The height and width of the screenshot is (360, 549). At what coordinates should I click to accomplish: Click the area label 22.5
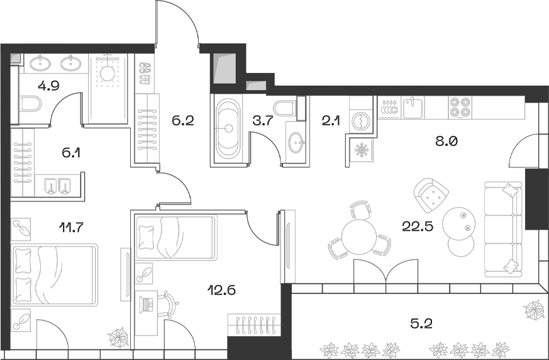tap(415, 226)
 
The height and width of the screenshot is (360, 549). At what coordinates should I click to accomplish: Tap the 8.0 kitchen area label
tap(447, 141)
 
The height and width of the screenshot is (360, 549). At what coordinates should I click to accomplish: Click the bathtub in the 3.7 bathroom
tap(228, 129)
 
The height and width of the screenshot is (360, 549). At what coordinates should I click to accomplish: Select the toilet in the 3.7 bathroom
tap(286, 108)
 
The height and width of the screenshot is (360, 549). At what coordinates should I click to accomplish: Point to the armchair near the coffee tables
tap(432, 196)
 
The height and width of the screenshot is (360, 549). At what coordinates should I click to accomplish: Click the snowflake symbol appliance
tap(363, 151)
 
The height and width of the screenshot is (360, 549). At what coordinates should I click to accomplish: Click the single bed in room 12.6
tap(176, 238)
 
